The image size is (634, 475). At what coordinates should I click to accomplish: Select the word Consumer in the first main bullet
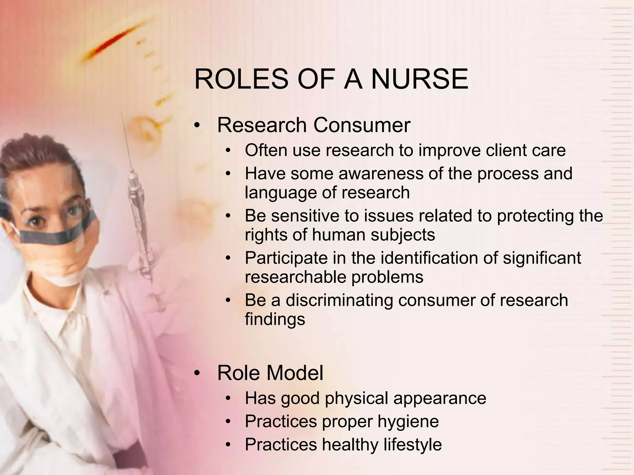362,125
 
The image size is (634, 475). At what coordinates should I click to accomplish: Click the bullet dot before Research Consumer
197,126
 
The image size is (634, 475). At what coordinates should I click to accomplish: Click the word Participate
286,258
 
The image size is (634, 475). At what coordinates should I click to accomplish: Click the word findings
275,319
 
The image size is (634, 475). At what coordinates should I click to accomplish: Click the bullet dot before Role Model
197,374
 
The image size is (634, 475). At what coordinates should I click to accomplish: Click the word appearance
440,398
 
